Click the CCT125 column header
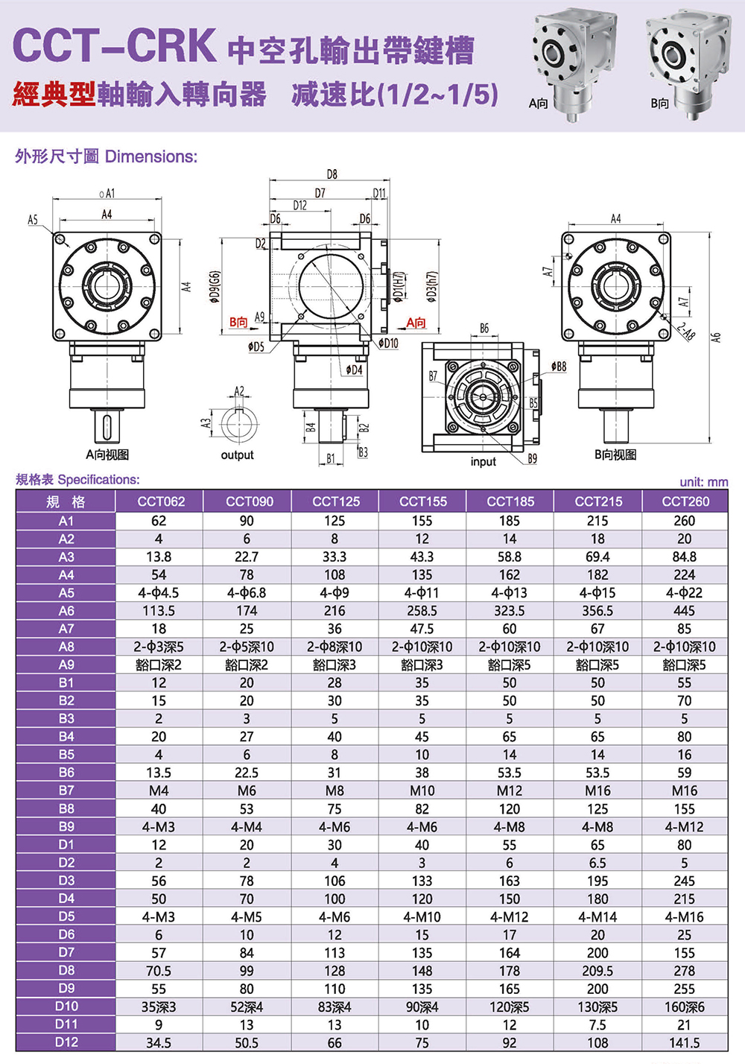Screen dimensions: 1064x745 click(335, 501)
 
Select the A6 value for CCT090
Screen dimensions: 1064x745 click(247, 611)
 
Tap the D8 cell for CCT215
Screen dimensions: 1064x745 click(597, 971)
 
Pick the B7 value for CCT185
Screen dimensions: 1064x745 click(510, 791)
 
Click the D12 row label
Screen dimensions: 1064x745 click(66, 1042)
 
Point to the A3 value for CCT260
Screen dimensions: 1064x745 click(684, 557)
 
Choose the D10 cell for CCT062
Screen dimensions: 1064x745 click(159, 1007)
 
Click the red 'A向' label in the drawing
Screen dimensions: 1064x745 click(416, 323)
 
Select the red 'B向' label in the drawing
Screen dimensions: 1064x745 click(238, 322)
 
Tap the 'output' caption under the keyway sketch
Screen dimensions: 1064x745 click(237, 455)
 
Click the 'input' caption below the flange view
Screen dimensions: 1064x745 click(483, 462)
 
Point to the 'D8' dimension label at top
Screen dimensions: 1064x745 click(332, 174)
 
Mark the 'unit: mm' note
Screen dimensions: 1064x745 click(703, 482)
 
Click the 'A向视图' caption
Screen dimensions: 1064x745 click(107, 455)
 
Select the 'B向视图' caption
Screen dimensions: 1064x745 click(615, 455)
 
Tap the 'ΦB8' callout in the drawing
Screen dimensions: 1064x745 click(558, 367)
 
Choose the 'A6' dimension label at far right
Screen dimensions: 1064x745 click(716, 338)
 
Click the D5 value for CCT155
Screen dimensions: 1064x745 click(422, 917)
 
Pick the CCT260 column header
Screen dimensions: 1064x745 click(685, 501)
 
